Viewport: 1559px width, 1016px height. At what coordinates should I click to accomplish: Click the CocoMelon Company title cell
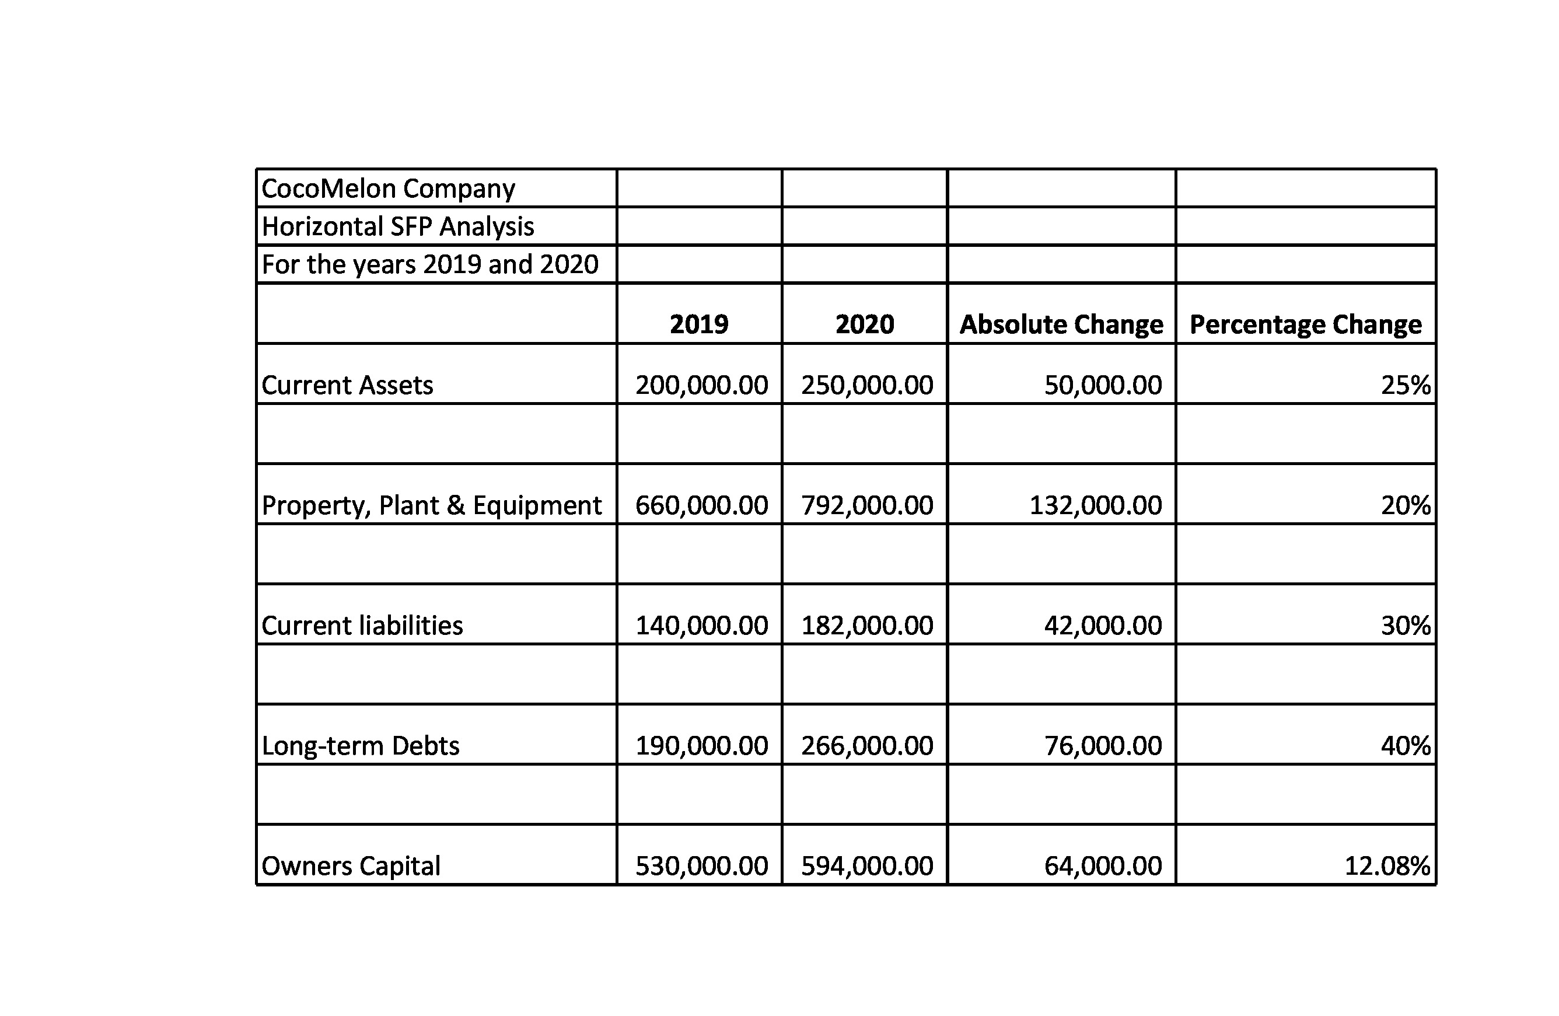(388, 188)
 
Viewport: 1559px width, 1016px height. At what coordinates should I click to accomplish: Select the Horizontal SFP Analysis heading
(397, 226)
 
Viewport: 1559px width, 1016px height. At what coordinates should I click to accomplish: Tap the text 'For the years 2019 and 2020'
(429, 264)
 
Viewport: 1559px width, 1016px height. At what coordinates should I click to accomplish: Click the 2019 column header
(699, 324)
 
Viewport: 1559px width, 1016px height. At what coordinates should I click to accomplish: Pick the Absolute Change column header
(1061, 324)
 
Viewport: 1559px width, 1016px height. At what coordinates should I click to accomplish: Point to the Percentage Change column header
(1306, 324)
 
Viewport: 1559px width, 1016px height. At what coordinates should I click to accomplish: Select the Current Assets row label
(347, 385)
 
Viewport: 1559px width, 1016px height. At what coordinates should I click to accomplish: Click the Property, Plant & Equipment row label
(431, 505)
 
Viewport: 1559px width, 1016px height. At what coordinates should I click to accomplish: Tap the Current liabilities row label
(362, 626)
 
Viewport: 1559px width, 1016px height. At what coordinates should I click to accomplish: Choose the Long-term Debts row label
(360, 745)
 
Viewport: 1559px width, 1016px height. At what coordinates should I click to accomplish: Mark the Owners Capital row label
(351, 866)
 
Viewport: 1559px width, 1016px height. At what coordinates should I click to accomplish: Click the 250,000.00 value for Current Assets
(866, 385)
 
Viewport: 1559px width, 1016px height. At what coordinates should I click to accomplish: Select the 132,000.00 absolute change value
(1096, 505)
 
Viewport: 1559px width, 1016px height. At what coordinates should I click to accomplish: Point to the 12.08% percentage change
(1387, 866)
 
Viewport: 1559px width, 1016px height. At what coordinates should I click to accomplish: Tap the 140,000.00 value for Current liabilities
(701, 626)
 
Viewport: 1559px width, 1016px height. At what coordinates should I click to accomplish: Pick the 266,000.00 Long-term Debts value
(866, 745)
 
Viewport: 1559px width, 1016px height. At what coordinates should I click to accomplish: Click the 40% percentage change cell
(1406, 745)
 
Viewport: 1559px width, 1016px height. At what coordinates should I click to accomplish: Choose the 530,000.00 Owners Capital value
(701, 866)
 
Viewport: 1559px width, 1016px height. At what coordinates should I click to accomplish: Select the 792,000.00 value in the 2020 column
(866, 505)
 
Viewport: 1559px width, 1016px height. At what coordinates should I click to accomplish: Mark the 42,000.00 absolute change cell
(1103, 626)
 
